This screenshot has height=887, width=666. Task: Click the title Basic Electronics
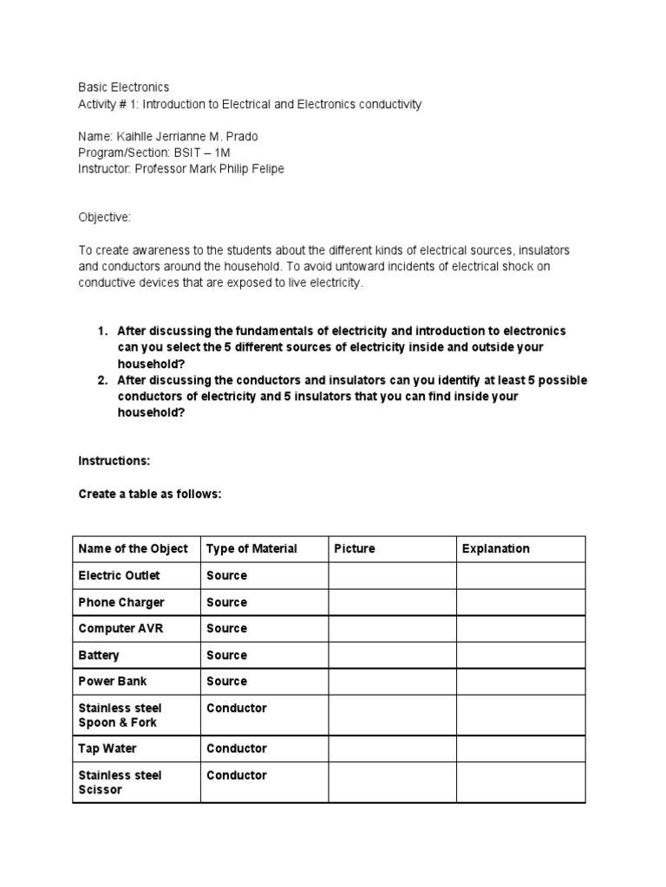point(124,87)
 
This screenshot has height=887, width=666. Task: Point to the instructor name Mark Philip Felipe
point(236,169)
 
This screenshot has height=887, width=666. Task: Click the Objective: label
point(104,217)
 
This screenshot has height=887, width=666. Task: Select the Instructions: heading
point(114,461)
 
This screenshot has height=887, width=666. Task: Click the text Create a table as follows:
point(150,494)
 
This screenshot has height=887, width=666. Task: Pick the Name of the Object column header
point(133,548)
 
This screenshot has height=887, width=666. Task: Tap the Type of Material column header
point(251,548)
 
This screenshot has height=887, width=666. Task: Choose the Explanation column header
point(496,548)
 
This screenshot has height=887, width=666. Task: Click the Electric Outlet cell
point(119,575)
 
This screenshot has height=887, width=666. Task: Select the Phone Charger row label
point(121,602)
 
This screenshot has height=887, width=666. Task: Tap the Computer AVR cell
point(120,628)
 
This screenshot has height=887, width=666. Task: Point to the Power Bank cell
point(114,681)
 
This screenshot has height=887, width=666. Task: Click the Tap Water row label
point(108,748)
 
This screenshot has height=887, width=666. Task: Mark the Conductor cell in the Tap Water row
point(236,748)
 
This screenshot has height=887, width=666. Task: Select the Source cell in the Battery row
point(226,655)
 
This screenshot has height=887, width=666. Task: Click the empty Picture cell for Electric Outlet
point(392,575)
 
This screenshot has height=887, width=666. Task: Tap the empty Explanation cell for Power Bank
point(520,681)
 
